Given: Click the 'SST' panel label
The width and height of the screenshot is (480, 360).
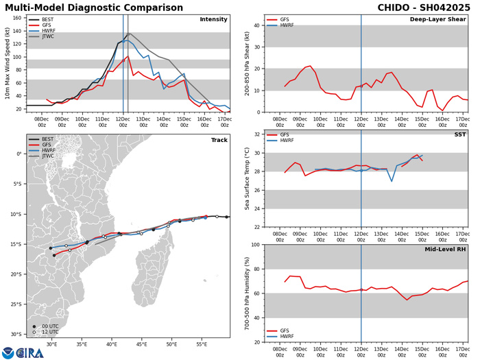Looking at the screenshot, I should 459,135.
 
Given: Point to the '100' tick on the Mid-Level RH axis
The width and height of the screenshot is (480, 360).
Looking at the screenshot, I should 254,245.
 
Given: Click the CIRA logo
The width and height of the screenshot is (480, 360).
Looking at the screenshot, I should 21,352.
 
